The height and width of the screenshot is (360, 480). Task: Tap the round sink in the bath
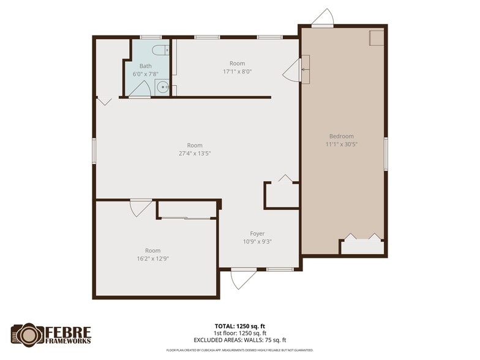162,87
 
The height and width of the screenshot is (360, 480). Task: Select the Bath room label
145,66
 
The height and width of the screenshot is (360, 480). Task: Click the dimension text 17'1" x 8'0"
237,72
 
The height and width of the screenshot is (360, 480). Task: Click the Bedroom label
341,137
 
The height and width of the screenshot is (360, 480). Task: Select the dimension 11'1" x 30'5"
341,145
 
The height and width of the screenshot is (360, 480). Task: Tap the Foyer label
257,233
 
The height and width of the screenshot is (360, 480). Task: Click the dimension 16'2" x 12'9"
152,259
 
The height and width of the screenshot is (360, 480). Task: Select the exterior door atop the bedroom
323,18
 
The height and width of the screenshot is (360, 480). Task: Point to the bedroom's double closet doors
362,238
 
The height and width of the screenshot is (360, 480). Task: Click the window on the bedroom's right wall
386,154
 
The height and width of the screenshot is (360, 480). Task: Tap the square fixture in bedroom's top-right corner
376,37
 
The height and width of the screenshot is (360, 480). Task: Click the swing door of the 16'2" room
140,207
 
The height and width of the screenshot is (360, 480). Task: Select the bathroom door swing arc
139,89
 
